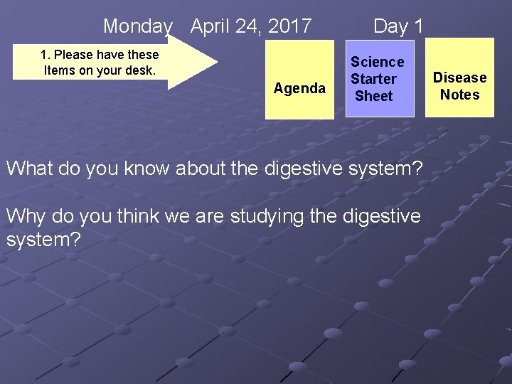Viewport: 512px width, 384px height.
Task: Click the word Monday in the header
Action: (138, 27)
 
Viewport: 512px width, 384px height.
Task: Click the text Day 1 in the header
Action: (398, 27)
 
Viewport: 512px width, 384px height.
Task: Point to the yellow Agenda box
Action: (299, 78)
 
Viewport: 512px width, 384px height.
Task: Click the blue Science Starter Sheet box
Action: (377, 78)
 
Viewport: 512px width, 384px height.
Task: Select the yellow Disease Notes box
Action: (460, 78)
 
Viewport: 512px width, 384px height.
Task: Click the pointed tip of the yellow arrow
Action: (215, 62)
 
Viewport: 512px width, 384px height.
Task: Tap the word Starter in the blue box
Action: (373, 79)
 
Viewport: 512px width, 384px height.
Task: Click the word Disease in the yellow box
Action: (460, 78)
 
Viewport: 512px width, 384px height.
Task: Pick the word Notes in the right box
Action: (460, 95)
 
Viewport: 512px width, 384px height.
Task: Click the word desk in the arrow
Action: (142, 70)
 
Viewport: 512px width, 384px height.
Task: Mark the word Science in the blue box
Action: (377, 62)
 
